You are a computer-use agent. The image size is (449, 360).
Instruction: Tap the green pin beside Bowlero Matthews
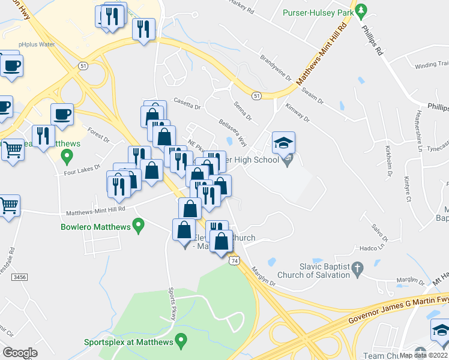click(x=139, y=226)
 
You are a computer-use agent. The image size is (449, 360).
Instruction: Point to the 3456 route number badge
click(x=20, y=277)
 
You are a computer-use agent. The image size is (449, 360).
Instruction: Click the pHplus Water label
click(x=37, y=44)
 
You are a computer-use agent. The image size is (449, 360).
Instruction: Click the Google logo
click(x=20, y=352)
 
